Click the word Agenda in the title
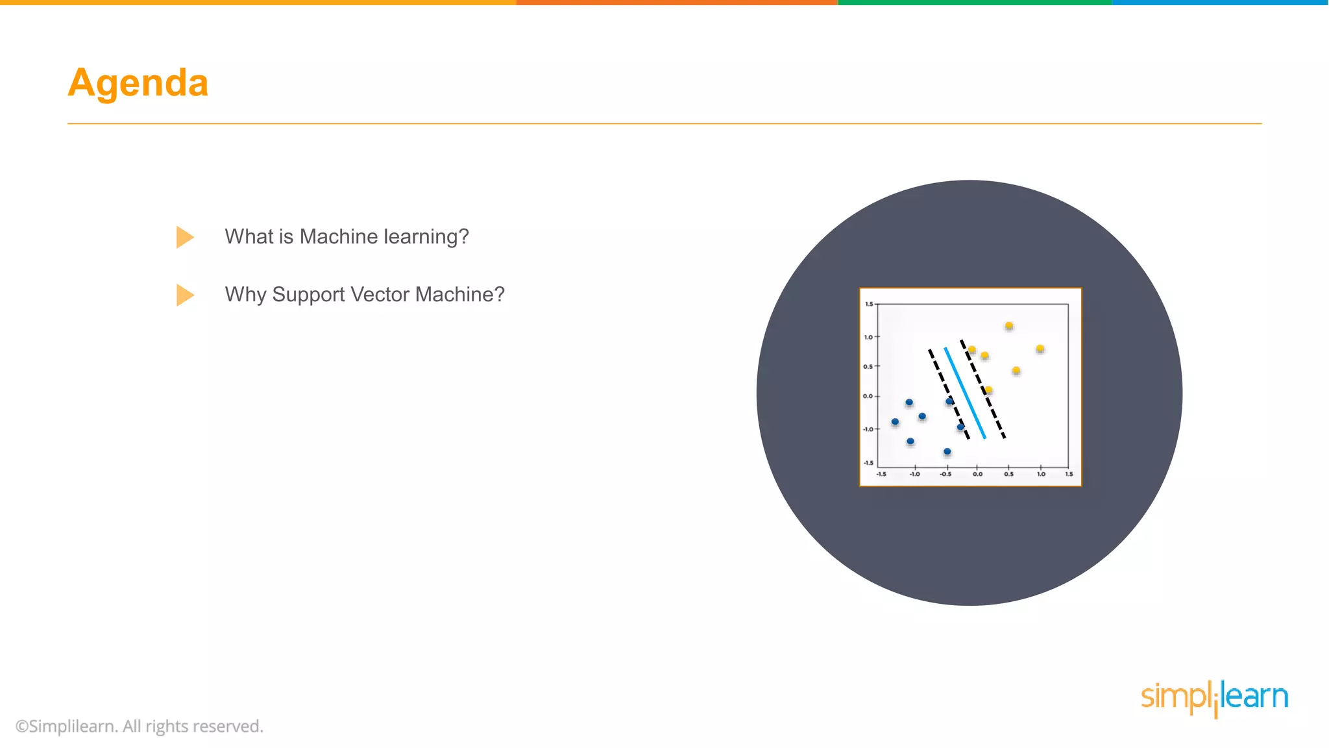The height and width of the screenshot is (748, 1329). tap(138, 83)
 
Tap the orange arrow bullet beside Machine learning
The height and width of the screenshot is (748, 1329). tap(184, 237)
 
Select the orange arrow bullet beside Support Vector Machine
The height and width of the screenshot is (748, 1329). tap(184, 295)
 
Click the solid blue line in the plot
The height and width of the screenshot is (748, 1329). tap(965, 393)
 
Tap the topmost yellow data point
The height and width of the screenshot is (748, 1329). tap(1008, 326)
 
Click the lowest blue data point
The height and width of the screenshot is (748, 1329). tap(947, 451)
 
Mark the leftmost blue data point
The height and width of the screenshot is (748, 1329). tap(895, 422)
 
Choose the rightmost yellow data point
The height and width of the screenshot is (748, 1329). tap(1040, 349)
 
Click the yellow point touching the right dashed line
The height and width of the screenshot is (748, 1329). tap(988, 390)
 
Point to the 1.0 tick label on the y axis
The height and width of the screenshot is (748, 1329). tap(868, 337)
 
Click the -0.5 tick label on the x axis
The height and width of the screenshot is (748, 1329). tap(945, 475)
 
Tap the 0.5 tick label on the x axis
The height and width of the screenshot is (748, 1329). tap(1008, 475)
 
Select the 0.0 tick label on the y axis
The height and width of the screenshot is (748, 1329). tap(868, 396)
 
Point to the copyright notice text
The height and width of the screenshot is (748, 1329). tap(140, 726)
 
